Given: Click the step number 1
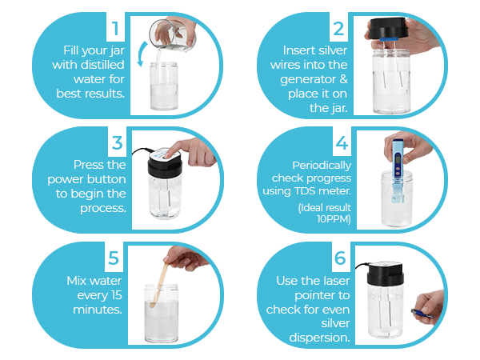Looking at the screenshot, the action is tap(115, 29).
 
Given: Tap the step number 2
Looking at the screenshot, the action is tap(338, 29).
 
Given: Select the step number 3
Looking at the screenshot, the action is tap(118, 143).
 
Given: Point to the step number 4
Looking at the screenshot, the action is tap(342, 143).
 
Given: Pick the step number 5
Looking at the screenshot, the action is tap(114, 258).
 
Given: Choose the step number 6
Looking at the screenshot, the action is tap(340, 258).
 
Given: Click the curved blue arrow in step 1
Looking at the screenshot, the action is tap(141, 54).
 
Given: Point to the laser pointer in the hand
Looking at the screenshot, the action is tap(422, 313).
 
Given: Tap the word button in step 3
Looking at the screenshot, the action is tap(107, 179).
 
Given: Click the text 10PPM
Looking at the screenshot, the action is tap(334, 219).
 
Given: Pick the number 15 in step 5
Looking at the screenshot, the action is tap(116, 295).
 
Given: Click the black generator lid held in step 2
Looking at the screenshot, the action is tap(387, 29).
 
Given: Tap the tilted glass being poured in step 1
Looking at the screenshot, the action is tap(171, 35).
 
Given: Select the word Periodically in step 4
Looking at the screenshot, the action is tap(322, 166).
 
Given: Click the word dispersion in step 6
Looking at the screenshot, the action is tap(319, 338).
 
